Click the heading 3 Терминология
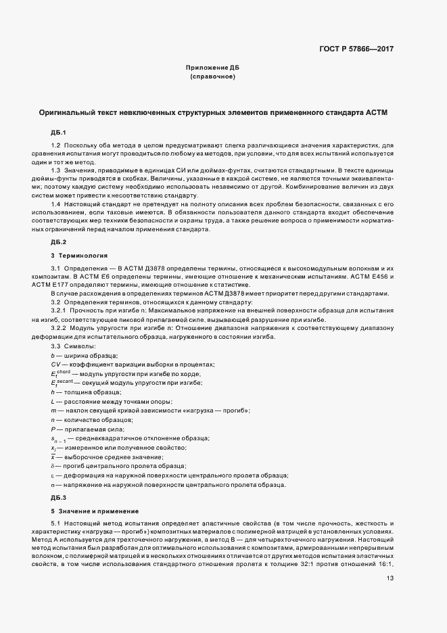79,256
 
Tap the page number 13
390,578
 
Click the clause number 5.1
56,524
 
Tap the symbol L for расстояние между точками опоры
52,402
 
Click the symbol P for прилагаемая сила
53,429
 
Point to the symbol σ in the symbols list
53,484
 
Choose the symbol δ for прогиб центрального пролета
53,467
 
